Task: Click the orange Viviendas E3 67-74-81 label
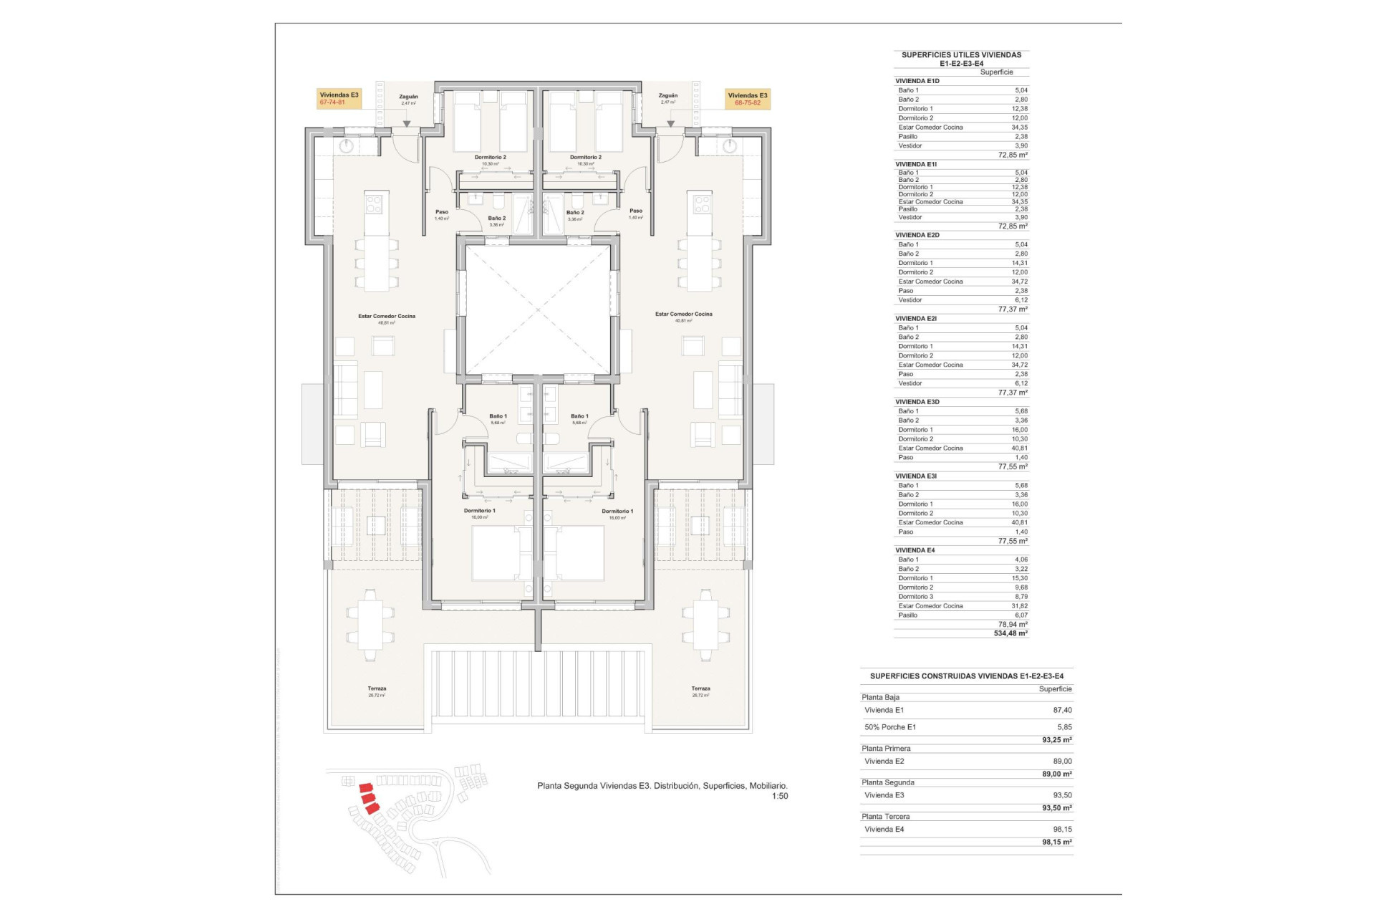339,99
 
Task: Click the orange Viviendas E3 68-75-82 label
747,99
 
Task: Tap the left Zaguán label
408,97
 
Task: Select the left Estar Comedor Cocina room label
387,316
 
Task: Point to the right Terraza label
700,688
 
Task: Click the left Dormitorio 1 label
479,511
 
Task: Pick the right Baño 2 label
575,213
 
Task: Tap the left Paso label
442,212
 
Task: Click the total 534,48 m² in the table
1010,633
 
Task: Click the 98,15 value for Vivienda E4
1062,829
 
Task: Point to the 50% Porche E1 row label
890,727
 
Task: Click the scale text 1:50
779,796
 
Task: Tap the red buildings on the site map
369,797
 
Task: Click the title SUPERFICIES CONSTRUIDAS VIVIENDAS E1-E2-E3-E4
966,676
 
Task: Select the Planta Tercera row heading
886,817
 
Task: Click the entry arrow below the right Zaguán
670,124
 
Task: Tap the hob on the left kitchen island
375,203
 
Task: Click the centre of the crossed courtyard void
538,309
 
